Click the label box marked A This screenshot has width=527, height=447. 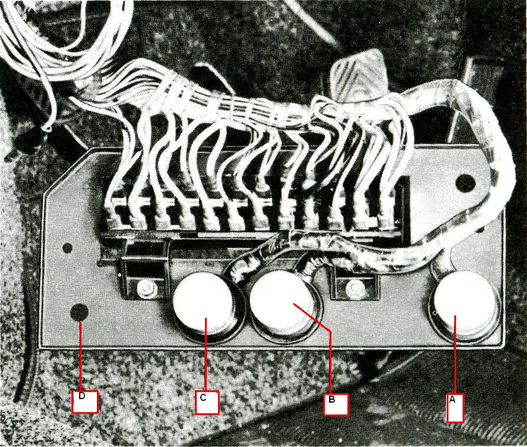(455, 407)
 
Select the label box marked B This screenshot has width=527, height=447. (336, 404)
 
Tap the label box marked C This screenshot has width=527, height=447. (207, 402)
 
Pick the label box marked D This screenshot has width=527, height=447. (84, 401)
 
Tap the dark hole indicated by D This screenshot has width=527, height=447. (79, 312)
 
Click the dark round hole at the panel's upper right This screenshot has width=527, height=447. (465, 183)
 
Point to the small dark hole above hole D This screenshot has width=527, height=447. (67, 248)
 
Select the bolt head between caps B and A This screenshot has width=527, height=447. (356, 287)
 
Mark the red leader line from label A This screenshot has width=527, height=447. (455, 354)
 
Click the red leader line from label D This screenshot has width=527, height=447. (81, 356)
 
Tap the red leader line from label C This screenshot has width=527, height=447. (206, 354)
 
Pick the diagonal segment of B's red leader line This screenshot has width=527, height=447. (312, 318)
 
